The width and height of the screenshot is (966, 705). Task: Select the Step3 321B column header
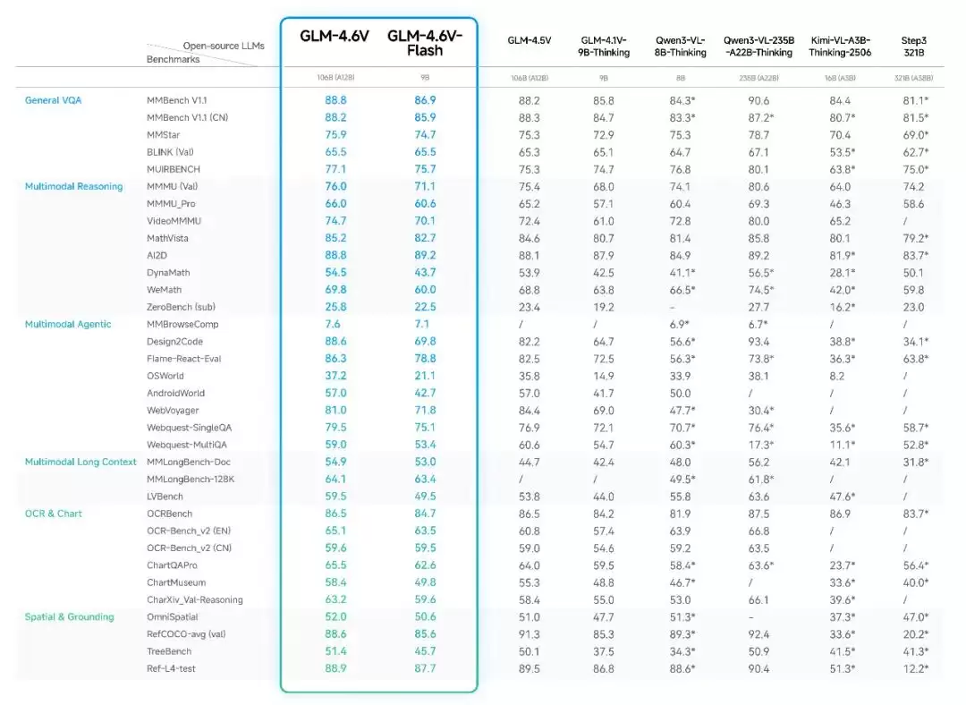914,46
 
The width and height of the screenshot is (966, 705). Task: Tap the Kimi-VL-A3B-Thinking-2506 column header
840,46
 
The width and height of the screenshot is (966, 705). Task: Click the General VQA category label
53,100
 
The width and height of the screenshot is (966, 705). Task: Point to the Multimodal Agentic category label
68,324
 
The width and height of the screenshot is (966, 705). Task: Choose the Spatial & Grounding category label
69,616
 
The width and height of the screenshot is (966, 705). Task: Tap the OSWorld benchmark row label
165,376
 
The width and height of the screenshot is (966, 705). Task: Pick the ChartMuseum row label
176,582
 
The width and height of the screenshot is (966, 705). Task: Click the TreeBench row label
170,651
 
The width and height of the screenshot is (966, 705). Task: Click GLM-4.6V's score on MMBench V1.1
335,100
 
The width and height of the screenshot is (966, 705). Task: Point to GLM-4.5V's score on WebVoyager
530,410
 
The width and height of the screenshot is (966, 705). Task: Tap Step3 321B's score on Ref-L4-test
914,668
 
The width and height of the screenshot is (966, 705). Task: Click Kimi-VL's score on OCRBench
840,514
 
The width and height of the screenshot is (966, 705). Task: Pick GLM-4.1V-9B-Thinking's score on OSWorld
605,376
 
